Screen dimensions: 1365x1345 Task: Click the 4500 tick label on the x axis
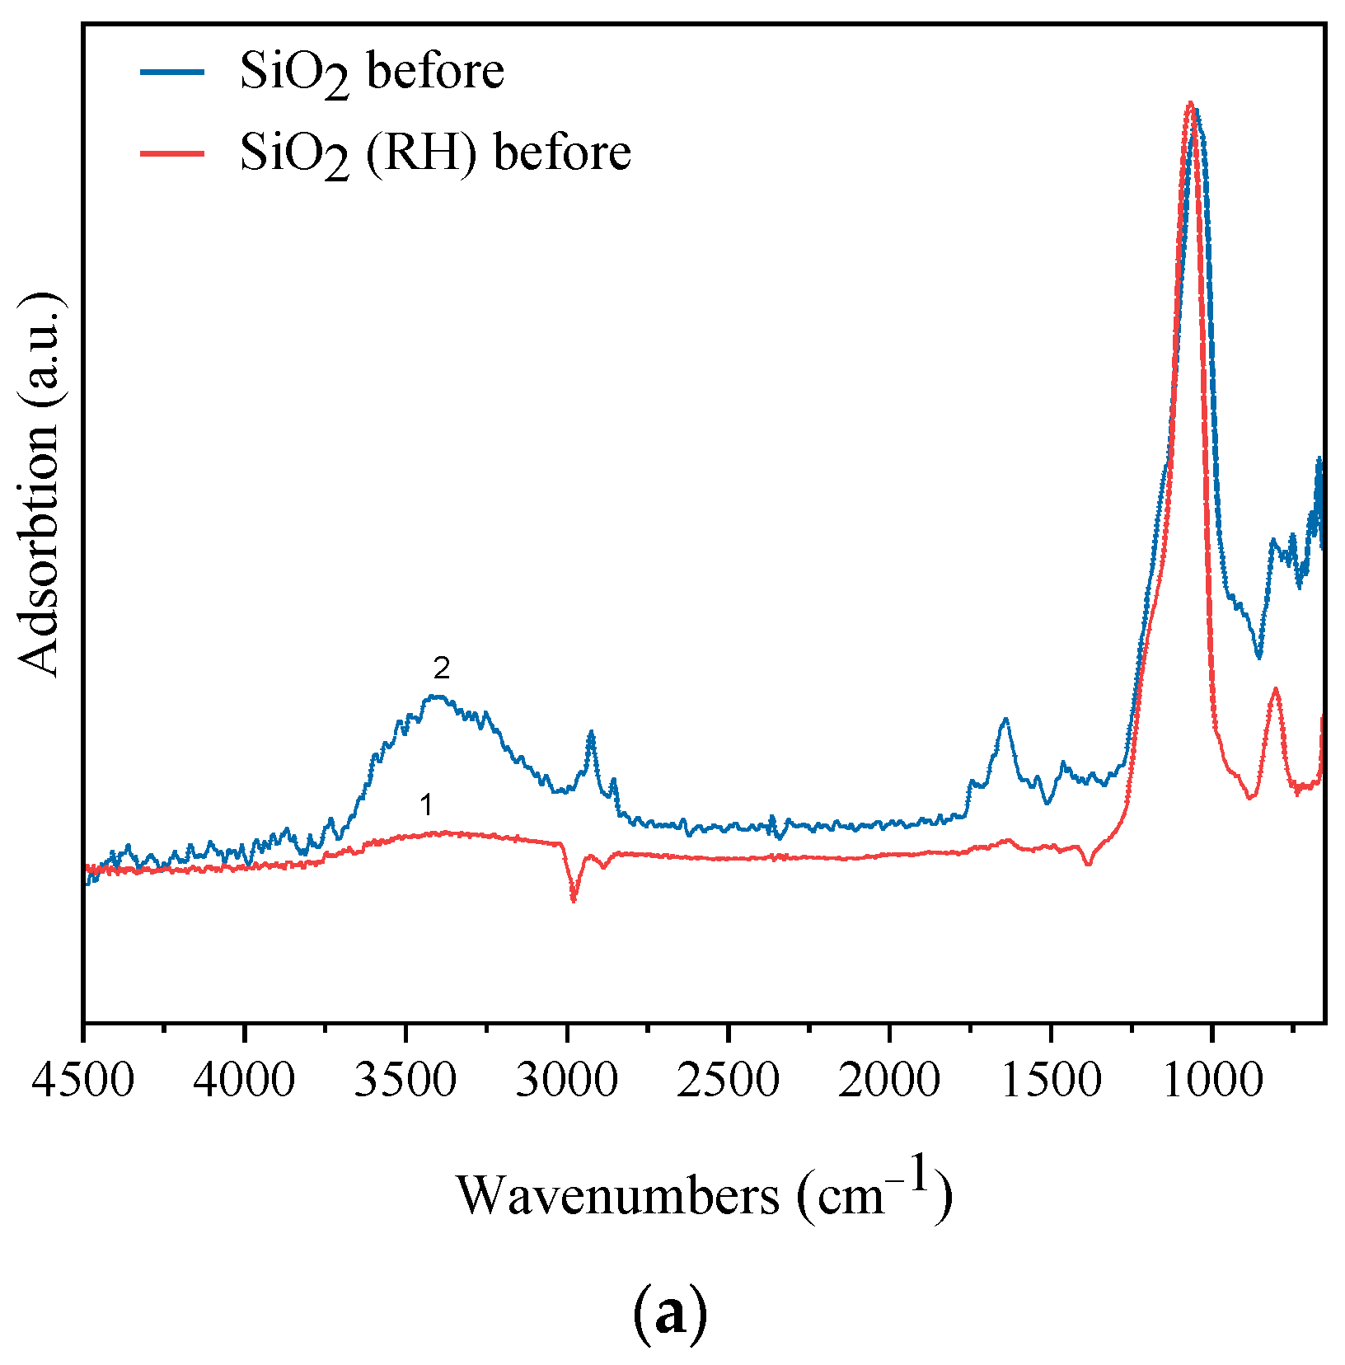(82, 1081)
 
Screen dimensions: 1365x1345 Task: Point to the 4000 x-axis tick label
(244, 1081)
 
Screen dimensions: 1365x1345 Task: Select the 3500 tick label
(405, 1081)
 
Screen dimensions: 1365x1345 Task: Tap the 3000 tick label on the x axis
(566, 1081)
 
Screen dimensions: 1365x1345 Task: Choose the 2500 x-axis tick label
(728, 1081)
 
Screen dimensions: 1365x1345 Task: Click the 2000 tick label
(889, 1081)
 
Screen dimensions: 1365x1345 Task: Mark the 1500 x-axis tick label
(1050, 1081)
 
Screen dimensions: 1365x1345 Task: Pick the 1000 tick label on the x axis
(1211, 1081)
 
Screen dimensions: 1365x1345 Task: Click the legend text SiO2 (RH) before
(435, 154)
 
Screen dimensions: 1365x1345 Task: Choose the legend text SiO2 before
(372, 73)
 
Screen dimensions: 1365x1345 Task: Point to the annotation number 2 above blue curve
(442, 668)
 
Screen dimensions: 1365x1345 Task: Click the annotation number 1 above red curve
(426, 804)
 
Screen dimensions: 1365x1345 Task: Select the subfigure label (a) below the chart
(669, 1313)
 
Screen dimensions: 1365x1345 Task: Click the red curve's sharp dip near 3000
(574, 899)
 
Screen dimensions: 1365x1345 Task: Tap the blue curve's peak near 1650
(1005, 720)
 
